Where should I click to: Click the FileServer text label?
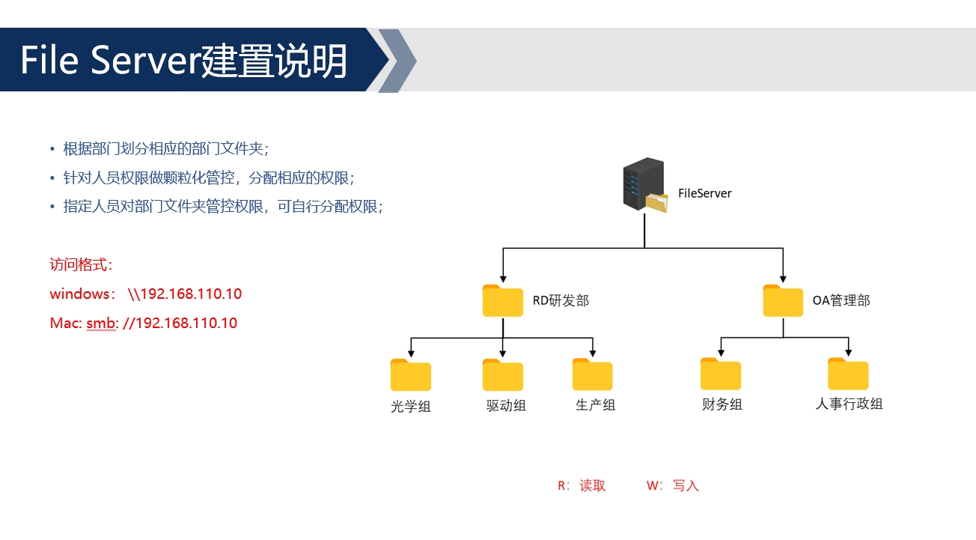click(704, 193)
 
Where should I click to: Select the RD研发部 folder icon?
click(502, 300)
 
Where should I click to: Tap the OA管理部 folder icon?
click(783, 300)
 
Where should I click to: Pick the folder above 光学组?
click(410, 374)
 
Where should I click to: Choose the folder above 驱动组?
click(502, 374)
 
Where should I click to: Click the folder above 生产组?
click(592, 374)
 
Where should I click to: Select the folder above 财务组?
click(721, 374)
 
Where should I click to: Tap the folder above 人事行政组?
click(848, 374)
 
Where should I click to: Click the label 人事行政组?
click(850, 404)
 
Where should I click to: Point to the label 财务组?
click(722, 404)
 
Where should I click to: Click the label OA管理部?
click(841, 300)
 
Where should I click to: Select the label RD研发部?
click(561, 300)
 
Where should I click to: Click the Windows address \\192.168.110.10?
click(185, 294)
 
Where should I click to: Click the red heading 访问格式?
click(81, 264)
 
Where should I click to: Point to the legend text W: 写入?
click(673, 485)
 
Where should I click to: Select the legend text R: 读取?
click(582, 485)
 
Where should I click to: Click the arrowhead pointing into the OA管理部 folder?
click(783, 279)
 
